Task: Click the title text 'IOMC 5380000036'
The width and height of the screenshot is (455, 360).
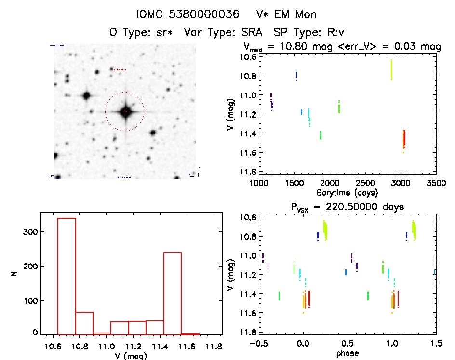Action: click(x=187, y=14)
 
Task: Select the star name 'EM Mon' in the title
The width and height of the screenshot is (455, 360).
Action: click(x=294, y=14)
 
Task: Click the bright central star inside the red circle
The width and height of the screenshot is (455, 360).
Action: click(x=125, y=112)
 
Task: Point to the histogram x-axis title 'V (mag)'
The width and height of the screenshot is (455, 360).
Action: click(x=128, y=356)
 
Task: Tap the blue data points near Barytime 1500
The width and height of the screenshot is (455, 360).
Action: click(x=296, y=76)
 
